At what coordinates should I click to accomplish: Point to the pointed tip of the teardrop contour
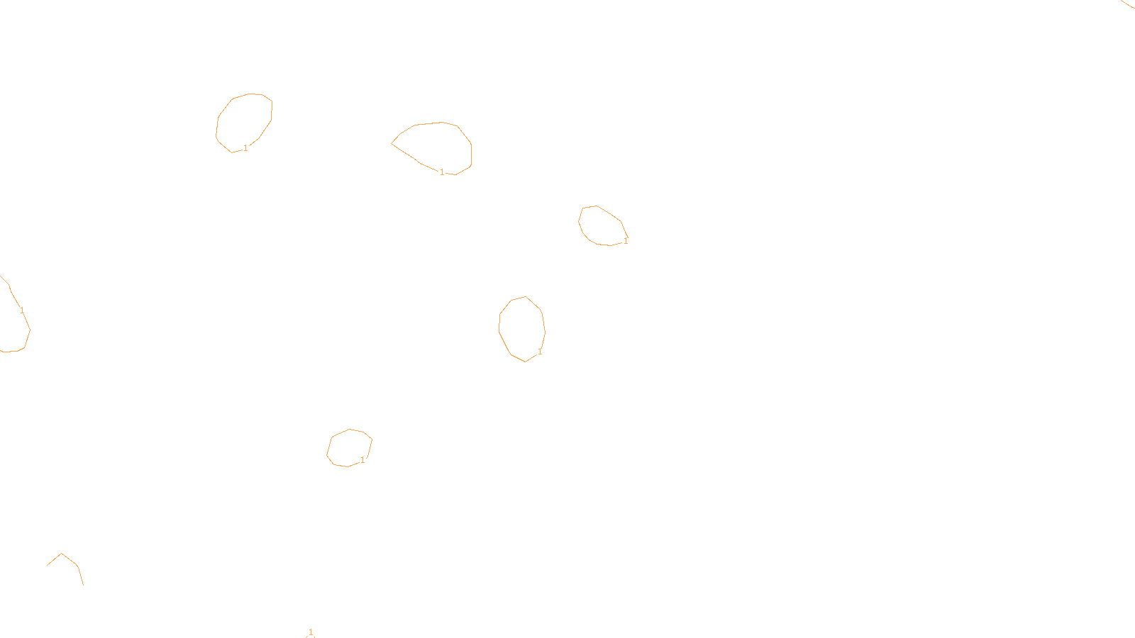pyautogui.click(x=392, y=143)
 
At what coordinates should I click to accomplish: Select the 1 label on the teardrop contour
pyautogui.click(x=442, y=172)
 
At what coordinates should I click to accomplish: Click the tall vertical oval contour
pyautogui.click(x=499, y=327)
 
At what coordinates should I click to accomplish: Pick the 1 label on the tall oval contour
pyautogui.click(x=540, y=352)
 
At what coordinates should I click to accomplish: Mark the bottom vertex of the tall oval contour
pyautogui.click(x=525, y=362)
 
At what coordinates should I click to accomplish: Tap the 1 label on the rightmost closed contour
pyautogui.click(x=626, y=241)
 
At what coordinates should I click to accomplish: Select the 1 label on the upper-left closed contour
pyautogui.click(x=245, y=148)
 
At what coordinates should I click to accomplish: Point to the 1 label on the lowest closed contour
pyautogui.click(x=362, y=460)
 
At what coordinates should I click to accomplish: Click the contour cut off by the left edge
pyautogui.click(x=29, y=330)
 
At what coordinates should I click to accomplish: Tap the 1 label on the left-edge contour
pyautogui.click(x=22, y=310)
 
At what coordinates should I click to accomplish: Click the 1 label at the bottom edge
pyautogui.click(x=311, y=632)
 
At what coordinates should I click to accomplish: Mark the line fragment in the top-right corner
pyautogui.click(x=1128, y=4)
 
